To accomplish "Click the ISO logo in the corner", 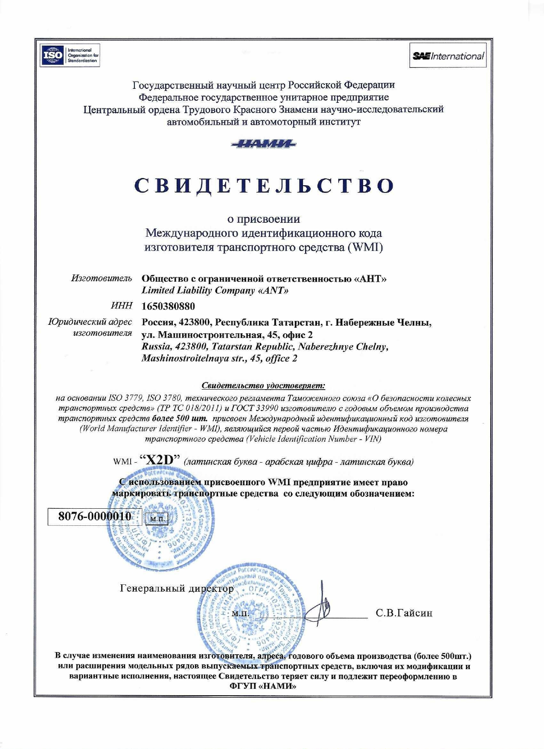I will coord(70,55).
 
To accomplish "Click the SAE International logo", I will coord(448,56).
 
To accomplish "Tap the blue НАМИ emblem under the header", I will coord(264,144).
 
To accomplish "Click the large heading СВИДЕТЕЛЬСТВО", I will coord(264,186).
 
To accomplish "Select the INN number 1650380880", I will coord(168,306).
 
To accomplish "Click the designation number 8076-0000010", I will coord(94,516).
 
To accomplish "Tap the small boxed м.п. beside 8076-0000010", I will coord(157,519).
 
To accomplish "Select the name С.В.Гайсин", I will coord(404,613).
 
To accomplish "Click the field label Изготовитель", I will coord(102,278).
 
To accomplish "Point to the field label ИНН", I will coord(122,306).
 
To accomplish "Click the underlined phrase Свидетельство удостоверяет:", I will coord(263,386).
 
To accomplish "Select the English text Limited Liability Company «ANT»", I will coord(215,291).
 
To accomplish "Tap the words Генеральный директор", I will coord(177,589).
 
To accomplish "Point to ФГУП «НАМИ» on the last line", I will coord(263,686).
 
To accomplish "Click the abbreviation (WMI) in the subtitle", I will coord(366,247).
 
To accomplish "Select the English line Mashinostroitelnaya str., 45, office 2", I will coord(219,358).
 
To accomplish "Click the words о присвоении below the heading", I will coord(263,219).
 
